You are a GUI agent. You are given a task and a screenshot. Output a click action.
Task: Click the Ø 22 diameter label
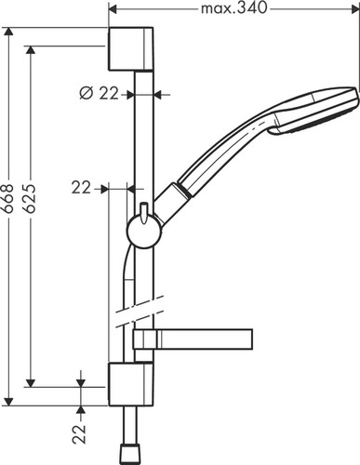[x=96, y=93]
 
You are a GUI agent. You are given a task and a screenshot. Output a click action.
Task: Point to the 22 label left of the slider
[x=82, y=187]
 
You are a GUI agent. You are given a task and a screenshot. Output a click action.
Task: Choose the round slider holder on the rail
[x=142, y=227]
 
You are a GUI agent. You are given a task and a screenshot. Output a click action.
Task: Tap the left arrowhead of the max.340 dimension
[x=113, y=9]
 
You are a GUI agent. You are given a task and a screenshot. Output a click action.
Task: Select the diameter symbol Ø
[x=85, y=93]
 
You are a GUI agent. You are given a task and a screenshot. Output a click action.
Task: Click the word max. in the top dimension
[x=216, y=9]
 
